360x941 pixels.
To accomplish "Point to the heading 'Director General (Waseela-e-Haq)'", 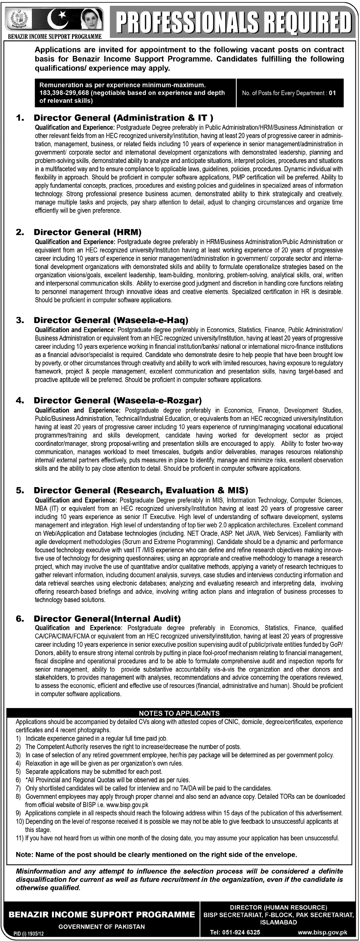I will [x=111, y=320].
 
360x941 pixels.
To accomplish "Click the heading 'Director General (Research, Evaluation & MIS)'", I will [x=141, y=490].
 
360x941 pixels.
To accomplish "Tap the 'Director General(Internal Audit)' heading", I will [x=107, y=618].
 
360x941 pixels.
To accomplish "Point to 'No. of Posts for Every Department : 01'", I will [x=289, y=93].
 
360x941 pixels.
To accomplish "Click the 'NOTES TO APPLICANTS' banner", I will [x=179, y=713].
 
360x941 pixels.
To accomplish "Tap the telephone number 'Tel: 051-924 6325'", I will [x=232, y=929].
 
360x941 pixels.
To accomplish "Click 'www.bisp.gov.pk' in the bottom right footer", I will [x=322, y=929].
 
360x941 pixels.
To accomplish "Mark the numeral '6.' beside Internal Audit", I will [x=20, y=618].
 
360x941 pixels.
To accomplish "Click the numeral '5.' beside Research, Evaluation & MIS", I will [x=20, y=490].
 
